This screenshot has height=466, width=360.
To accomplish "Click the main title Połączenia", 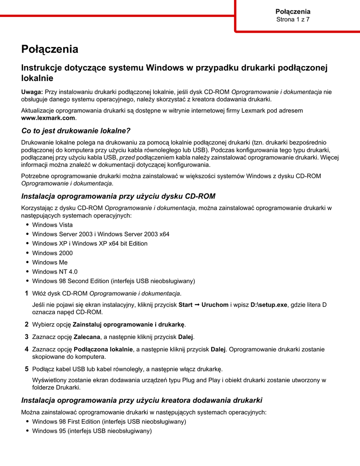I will click(x=50, y=49).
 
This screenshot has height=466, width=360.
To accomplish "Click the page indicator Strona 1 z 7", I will click(x=293, y=20).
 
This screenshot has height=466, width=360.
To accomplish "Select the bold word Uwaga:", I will click(x=32, y=92).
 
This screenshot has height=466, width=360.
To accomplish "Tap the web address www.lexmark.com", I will click(x=48, y=118).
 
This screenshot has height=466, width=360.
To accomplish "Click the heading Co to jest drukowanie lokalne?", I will click(x=72, y=131).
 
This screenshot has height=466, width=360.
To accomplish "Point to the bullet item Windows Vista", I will click(x=52, y=225).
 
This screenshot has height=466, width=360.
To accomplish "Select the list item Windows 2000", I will click(x=52, y=253).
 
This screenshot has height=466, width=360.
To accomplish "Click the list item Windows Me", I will click(x=50, y=263).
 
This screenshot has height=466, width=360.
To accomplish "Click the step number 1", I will click(x=26, y=293).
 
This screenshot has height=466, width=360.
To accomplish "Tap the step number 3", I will click(x=26, y=337).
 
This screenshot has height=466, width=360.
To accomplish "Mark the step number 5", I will click(x=26, y=369).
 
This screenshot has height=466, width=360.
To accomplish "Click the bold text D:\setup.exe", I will click(x=269, y=305).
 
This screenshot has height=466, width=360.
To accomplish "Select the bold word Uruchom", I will click(x=215, y=305).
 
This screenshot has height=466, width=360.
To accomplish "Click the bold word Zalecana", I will click(x=87, y=337).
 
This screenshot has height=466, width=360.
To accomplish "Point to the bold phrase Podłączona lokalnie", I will click(x=103, y=349).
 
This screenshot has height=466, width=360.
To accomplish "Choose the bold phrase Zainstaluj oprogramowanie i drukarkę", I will click(x=129, y=324).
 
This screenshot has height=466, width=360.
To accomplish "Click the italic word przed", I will click(x=127, y=157).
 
